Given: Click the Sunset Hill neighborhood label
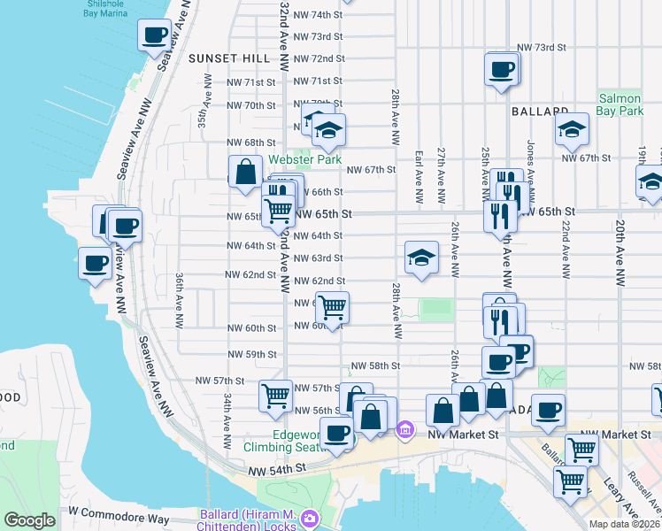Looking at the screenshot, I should click(228, 58).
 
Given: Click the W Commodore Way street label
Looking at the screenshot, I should click(119, 512).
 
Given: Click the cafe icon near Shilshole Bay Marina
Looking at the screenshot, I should click(154, 35).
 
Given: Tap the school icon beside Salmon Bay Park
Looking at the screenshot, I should click(572, 129).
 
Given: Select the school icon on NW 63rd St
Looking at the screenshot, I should click(421, 258).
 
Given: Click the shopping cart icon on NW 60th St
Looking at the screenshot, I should click(333, 308).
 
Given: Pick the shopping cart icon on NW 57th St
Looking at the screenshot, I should click(275, 396).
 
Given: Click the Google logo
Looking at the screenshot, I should click(29, 520).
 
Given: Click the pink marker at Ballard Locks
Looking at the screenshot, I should click(309, 518).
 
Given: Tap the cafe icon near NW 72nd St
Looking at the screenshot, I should click(501, 69).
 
